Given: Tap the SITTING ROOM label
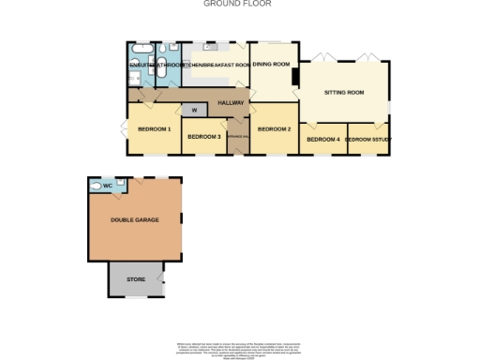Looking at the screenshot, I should pos(343,93).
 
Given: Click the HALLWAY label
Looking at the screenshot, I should pos(231,102).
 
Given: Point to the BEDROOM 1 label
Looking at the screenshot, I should pos(154,128).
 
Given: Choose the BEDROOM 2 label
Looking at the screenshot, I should pos(275,128).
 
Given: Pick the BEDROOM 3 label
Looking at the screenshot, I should pos(203,138).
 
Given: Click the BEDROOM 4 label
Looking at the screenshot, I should pos(323,140).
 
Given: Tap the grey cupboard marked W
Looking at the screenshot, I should pos(194,111).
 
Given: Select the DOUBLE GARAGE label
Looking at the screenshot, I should pos(134,219).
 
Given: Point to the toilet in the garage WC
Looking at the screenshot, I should pos(95,186).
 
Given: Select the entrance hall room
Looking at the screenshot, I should pos(236,137).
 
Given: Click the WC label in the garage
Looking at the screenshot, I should pos(108,187).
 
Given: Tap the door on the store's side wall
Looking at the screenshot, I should pos(164,278).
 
